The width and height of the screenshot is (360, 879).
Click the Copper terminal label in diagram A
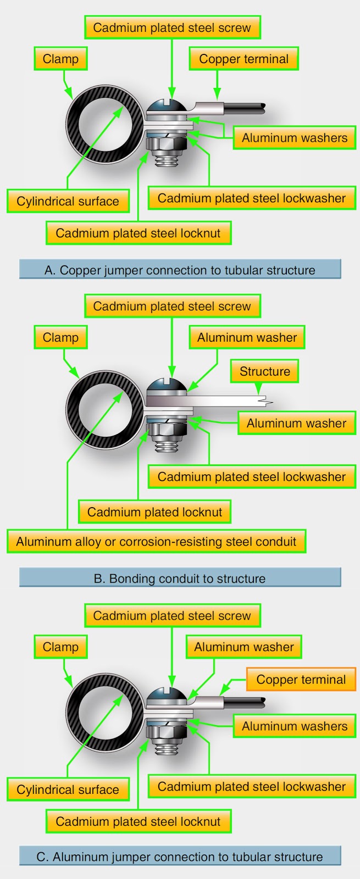click(x=243, y=59)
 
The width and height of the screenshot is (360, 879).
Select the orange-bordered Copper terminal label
click(x=301, y=680)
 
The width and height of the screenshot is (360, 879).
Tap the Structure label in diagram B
click(x=264, y=371)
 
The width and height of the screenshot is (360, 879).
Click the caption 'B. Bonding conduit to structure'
click(x=180, y=578)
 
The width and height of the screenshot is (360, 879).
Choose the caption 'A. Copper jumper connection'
click(x=180, y=270)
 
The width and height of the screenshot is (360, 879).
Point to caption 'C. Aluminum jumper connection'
click(x=180, y=856)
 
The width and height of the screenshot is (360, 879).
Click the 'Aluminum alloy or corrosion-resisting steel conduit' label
click(x=156, y=542)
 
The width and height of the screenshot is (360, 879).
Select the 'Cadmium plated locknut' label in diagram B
click(x=154, y=512)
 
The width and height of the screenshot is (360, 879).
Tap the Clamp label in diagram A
click(x=60, y=59)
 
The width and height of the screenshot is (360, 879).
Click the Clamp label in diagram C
click(x=60, y=647)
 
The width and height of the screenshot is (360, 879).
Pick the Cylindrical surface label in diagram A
click(x=68, y=201)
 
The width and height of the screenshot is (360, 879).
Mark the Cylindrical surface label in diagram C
click(x=68, y=789)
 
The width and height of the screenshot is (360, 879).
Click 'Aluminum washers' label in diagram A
click(x=295, y=138)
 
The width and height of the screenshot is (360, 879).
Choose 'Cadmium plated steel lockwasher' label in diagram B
click(x=252, y=477)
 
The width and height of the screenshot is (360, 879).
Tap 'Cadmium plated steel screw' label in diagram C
click(x=172, y=616)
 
